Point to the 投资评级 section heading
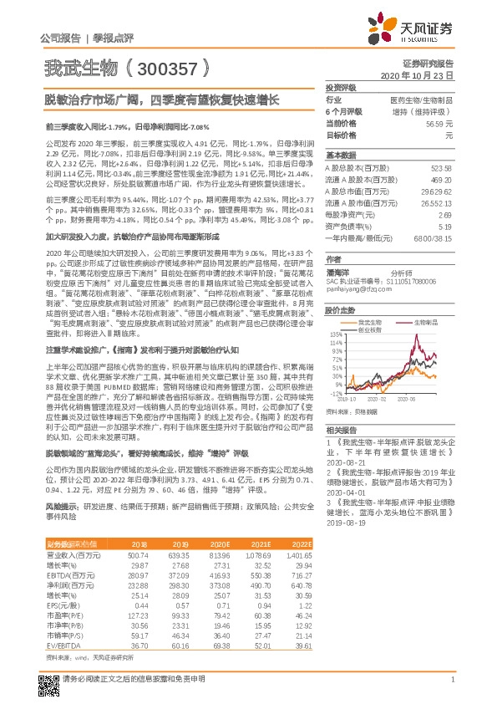click(x=341, y=87)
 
